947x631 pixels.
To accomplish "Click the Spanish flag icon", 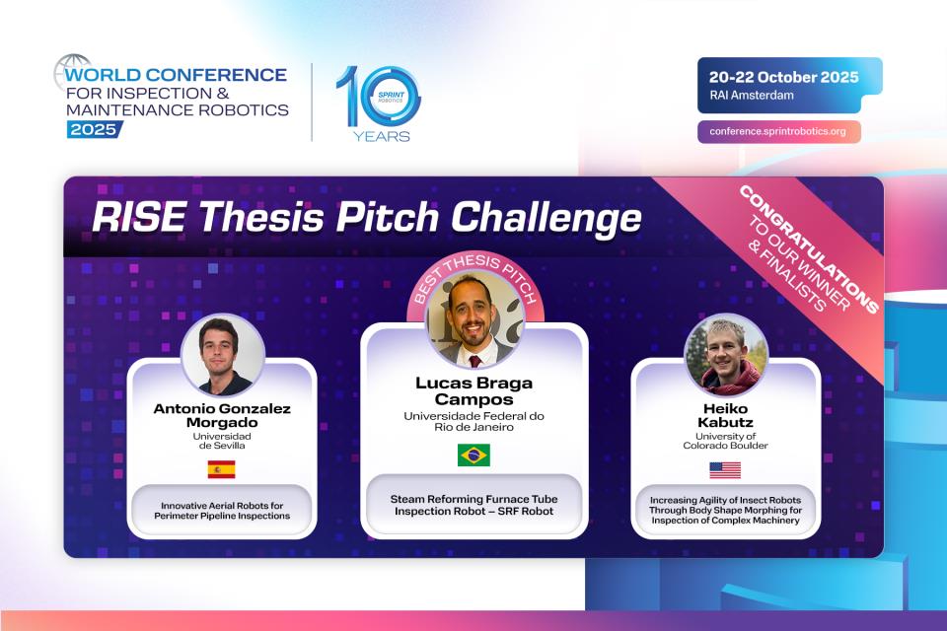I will (x=221, y=469).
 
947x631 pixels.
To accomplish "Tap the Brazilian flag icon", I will (x=473, y=455).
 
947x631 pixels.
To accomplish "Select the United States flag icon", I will (x=725, y=469).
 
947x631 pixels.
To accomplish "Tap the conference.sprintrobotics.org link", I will (x=778, y=131).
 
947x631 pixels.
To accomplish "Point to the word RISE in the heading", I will (x=130, y=218).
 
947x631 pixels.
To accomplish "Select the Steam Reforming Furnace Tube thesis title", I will (x=473, y=505).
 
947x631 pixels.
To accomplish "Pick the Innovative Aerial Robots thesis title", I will (x=222, y=511).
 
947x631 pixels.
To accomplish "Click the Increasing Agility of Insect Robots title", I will (x=725, y=510).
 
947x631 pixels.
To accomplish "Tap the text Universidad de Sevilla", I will (x=222, y=441).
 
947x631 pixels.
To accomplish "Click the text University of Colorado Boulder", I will (x=725, y=441).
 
